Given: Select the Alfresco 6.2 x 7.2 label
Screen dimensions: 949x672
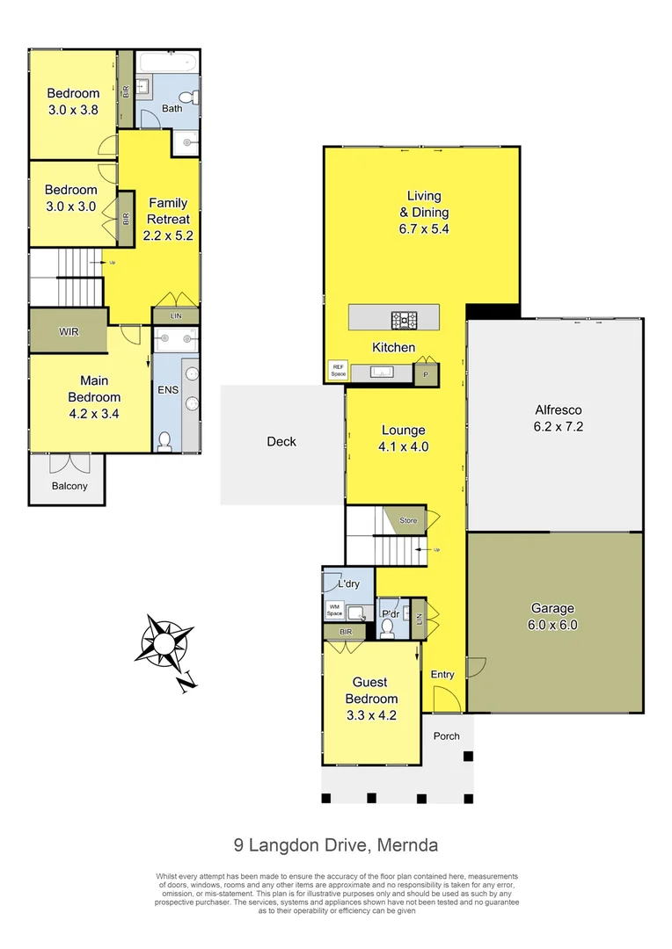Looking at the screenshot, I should pos(559,418).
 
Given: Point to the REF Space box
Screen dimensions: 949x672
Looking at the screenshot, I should pos(338,371).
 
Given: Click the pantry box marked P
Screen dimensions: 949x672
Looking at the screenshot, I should pos(426,373).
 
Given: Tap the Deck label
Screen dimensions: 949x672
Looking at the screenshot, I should pos(281,442).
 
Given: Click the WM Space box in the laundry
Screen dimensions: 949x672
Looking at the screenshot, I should pos(334,608).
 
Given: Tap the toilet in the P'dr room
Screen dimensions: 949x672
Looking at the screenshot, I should pos(388,627).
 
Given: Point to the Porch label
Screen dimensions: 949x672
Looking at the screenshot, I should pos(447,735).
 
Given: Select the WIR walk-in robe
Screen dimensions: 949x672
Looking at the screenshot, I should pos(69,331).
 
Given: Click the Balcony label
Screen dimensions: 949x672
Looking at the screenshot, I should pos(69,486).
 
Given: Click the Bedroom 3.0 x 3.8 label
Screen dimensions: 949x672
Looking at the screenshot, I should pos(73,102).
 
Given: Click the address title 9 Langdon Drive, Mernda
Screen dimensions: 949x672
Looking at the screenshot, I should pos(336,845).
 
